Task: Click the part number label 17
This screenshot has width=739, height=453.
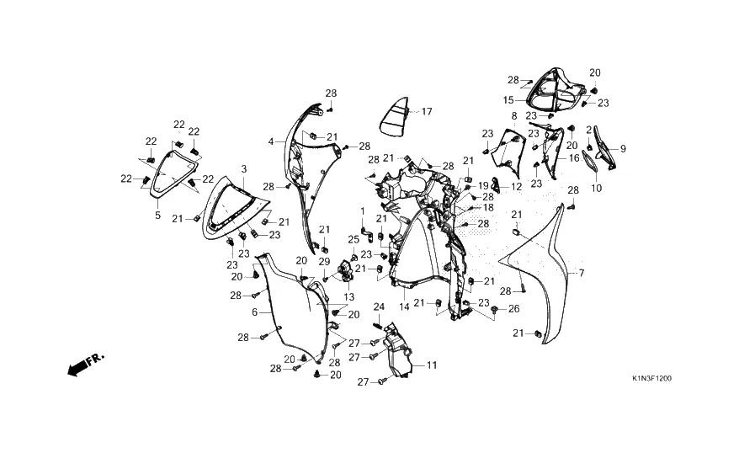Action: click(427, 111)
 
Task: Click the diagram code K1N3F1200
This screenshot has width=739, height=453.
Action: click(651, 379)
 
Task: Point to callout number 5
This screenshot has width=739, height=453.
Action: click(157, 216)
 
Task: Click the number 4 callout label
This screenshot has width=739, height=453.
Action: click(271, 141)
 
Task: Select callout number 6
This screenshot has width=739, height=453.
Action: click(254, 312)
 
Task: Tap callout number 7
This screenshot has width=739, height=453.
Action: click(581, 274)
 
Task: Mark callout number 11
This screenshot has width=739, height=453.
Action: click(432, 365)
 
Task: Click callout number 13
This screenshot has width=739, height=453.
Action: click(348, 296)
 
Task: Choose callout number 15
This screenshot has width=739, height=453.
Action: click(508, 99)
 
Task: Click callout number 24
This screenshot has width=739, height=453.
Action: click(379, 306)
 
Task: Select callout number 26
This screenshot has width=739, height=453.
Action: click(515, 308)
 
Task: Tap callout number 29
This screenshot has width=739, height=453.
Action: click(324, 262)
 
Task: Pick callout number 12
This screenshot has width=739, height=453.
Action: click(516, 186)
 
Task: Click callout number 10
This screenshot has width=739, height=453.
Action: click(597, 188)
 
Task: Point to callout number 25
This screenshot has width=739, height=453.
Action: click(354, 239)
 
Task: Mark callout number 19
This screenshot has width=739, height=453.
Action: click(484, 184)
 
